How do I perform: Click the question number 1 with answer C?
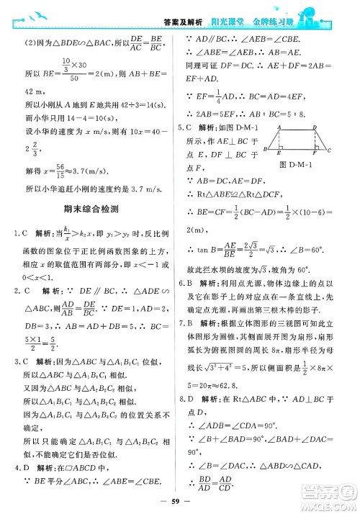[15, 234]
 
